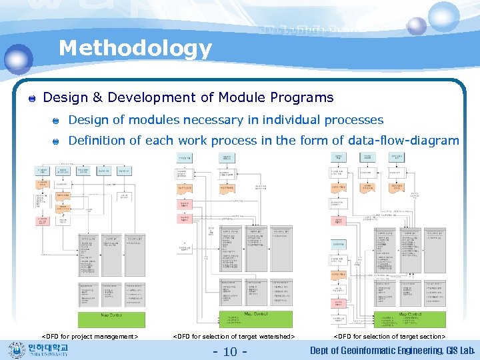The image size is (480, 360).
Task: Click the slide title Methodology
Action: point(135,48)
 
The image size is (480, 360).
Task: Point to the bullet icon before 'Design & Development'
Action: point(31,99)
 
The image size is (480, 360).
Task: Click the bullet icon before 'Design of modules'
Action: point(57,121)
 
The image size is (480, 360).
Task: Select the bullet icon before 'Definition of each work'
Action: point(57,141)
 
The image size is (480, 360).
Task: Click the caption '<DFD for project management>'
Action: point(90,337)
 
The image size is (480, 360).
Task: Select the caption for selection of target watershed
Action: point(233,337)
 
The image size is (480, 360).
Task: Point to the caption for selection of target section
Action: point(389,337)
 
